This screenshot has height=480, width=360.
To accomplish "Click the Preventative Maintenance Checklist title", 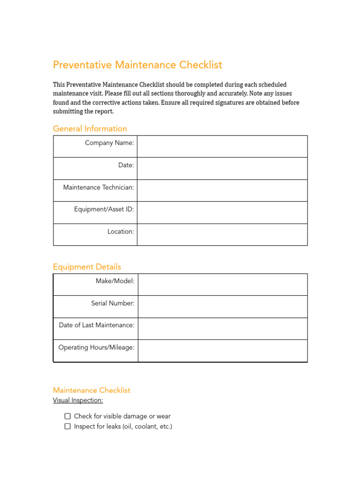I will click(137, 65).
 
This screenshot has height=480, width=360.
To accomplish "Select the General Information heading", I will click(90, 128).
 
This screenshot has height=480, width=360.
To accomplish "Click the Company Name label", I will click(109, 143).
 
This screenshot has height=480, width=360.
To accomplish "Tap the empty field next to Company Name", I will click(222, 146).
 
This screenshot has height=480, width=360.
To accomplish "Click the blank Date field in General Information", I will click(222, 168).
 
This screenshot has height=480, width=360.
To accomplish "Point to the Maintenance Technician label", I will click(98, 187).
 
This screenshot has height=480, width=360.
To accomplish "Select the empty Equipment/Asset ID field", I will click(222, 212).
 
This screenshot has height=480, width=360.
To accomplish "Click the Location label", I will click(120, 232).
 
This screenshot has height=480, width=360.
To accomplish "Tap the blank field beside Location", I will click(222, 234).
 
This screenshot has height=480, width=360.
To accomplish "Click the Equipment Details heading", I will click(87, 267).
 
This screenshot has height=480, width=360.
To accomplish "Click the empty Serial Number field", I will click(223, 307).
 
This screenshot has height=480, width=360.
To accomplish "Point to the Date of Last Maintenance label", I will click(97, 325).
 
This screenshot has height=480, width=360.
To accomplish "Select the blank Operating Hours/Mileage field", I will click(223, 351).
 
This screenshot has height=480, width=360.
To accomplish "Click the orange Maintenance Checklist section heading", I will click(91, 390).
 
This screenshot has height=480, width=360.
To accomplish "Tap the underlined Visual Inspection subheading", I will click(78, 400).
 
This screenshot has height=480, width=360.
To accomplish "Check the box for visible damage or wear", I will click(67, 416).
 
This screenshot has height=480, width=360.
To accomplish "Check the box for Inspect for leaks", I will click(67, 427).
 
